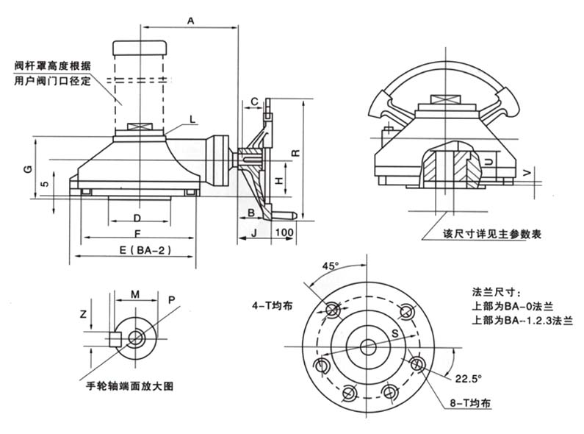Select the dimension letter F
click(x=137, y=232)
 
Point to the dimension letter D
click(x=137, y=218)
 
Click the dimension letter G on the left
click(x=27, y=169)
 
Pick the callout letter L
click(x=192, y=118)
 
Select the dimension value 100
click(x=284, y=232)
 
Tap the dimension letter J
click(x=253, y=232)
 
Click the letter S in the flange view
click(x=395, y=335)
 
